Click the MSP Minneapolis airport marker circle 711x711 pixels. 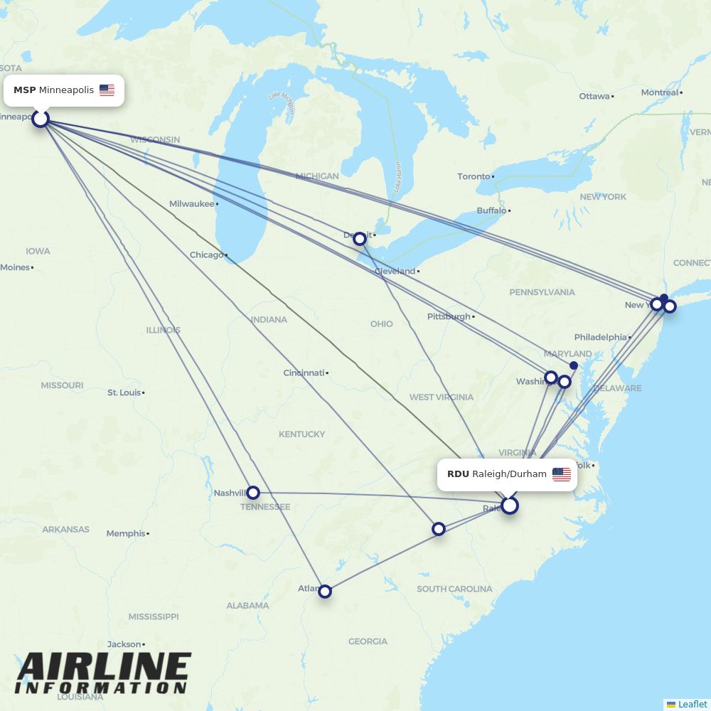[x=41, y=118]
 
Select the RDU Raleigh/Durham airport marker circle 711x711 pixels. [x=509, y=506]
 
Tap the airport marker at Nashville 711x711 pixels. [x=252, y=493]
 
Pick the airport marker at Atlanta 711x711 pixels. [x=325, y=591]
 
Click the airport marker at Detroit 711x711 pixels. [x=360, y=239]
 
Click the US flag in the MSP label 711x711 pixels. [x=107, y=90]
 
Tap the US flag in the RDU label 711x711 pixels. [x=561, y=474]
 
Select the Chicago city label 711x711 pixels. [x=207, y=255]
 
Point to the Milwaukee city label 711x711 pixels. [x=191, y=204]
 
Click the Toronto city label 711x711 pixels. [x=474, y=176]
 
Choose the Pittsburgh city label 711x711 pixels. [x=449, y=316]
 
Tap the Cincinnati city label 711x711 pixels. [x=304, y=373]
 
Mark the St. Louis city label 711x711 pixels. [x=124, y=392]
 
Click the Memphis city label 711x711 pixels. [x=126, y=533]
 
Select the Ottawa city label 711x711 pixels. [x=594, y=96]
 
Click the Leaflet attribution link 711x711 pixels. [x=692, y=704]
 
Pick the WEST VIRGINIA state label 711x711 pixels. [x=441, y=397]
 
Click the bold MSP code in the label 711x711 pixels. [x=24, y=90]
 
